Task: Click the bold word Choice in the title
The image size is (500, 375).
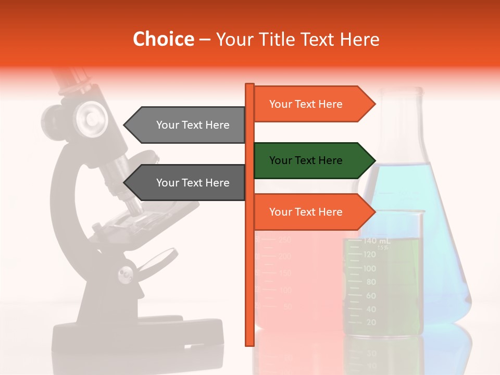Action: (x=163, y=39)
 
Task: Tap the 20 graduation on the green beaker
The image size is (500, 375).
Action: (x=371, y=322)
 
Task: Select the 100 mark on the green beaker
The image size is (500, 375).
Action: (x=370, y=268)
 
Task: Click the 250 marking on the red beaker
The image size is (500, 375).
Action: (x=284, y=240)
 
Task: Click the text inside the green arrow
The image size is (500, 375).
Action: (x=306, y=160)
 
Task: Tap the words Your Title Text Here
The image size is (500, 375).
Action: (x=297, y=39)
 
